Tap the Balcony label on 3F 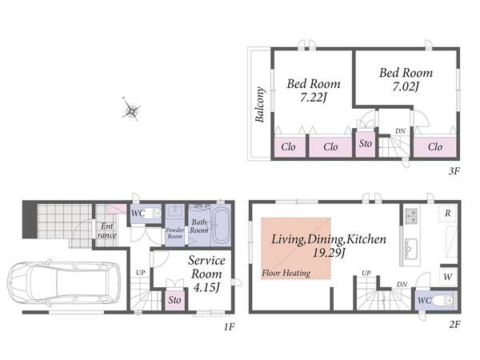tap(259, 104)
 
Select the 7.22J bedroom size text tap(313, 98)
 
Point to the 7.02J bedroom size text tap(406, 87)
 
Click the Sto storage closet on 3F tap(366, 144)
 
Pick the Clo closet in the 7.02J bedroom tap(435, 147)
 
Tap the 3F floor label tap(454, 171)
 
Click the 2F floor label tap(455, 325)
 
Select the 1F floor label tap(229, 327)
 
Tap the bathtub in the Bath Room tap(222, 225)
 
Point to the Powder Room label tap(175, 233)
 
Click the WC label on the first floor tap(138, 214)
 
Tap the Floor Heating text tap(286, 273)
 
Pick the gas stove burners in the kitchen tap(412, 215)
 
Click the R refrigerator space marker tap(448, 213)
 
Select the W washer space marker tap(447, 277)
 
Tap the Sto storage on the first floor tap(174, 300)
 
